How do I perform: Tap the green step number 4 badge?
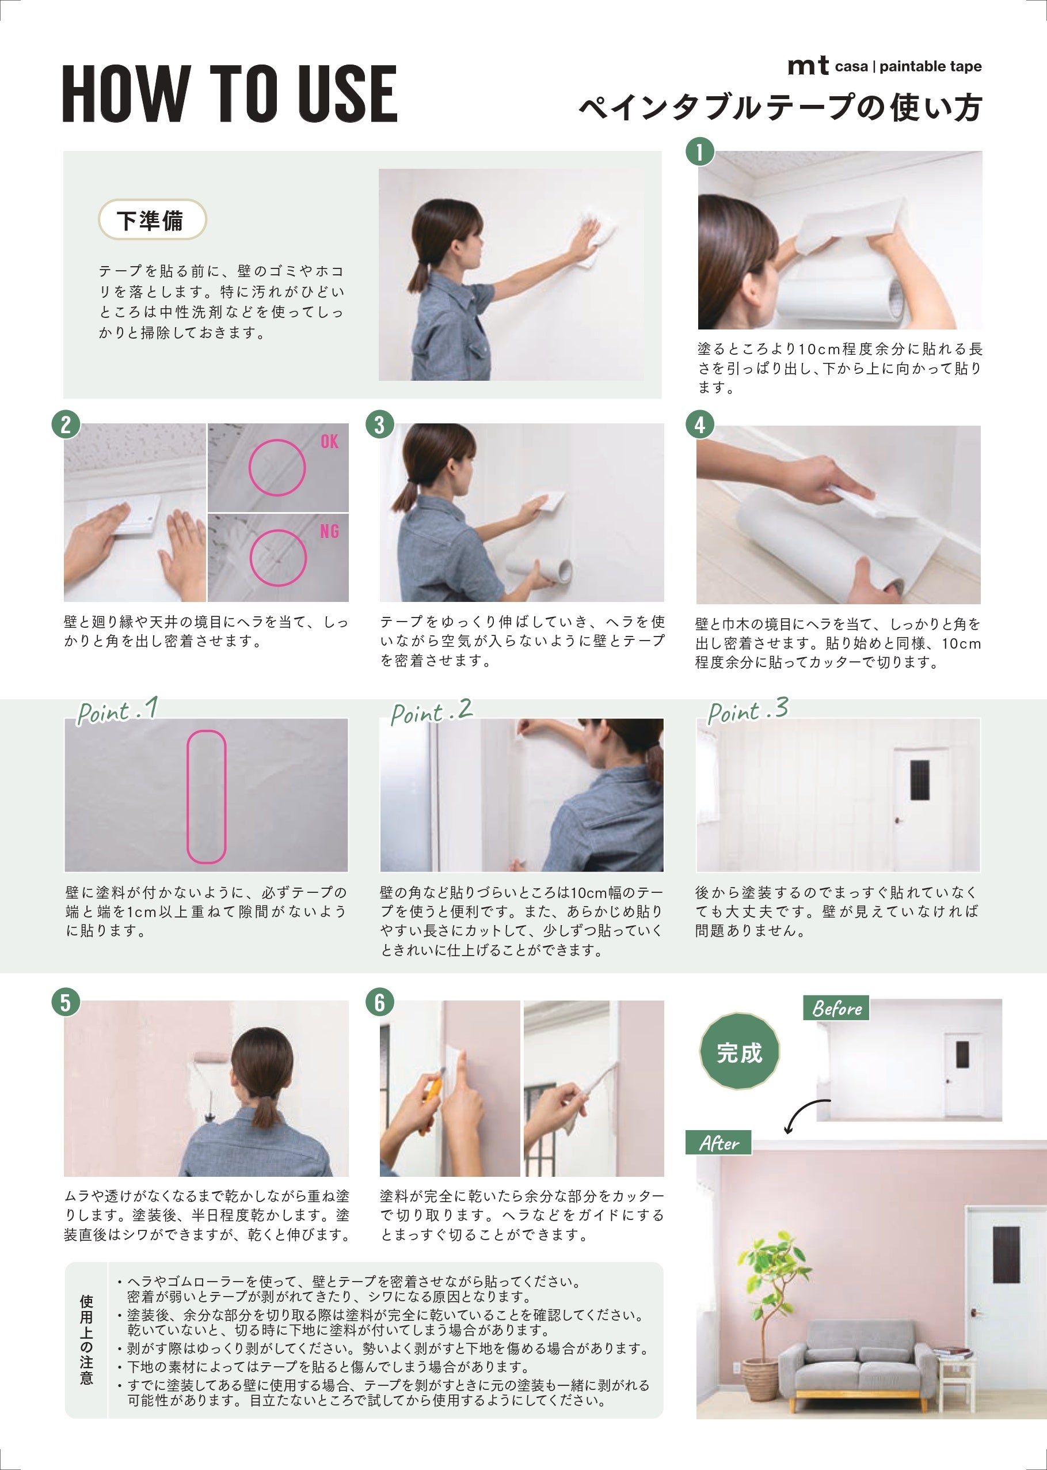click(x=699, y=425)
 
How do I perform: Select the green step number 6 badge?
click(x=380, y=1002)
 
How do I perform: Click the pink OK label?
click(x=329, y=441)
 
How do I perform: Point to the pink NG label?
click(x=329, y=532)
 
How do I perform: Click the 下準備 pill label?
click(x=152, y=220)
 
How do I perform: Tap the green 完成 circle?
click(x=740, y=1052)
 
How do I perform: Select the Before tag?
click(x=837, y=1008)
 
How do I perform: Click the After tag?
click(x=719, y=1143)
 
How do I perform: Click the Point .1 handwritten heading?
click(x=117, y=711)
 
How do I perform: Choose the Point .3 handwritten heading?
click(x=748, y=711)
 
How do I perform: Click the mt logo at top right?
click(x=808, y=66)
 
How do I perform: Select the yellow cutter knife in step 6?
click(x=429, y=1096)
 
